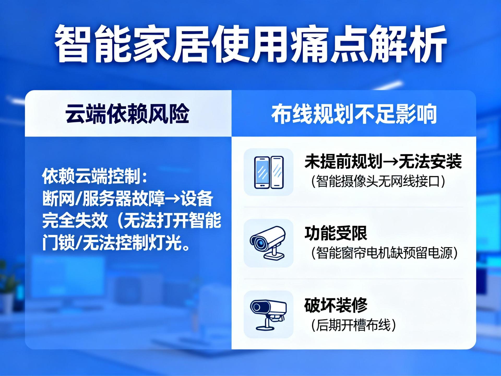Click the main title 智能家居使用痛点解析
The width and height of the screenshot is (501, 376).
click(x=250, y=44)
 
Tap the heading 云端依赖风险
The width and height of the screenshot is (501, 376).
click(x=127, y=114)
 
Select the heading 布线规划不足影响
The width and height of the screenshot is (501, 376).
click(x=354, y=114)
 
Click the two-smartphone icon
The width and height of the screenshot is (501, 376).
click(x=269, y=172)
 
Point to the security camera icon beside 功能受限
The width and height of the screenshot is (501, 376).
click(x=268, y=243)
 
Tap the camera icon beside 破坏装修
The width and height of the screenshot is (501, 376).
click(x=268, y=315)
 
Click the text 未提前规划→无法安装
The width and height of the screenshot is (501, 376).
click(x=383, y=161)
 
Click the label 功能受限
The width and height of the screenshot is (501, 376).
click(x=336, y=233)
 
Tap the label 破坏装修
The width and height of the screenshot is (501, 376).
click(x=336, y=305)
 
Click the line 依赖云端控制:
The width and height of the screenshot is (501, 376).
click(x=95, y=177)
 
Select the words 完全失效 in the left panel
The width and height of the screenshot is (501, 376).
click(x=75, y=220)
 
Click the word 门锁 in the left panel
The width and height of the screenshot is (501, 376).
click(x=58, y=243)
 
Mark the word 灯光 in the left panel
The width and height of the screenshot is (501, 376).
click(x=164, y=243)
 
